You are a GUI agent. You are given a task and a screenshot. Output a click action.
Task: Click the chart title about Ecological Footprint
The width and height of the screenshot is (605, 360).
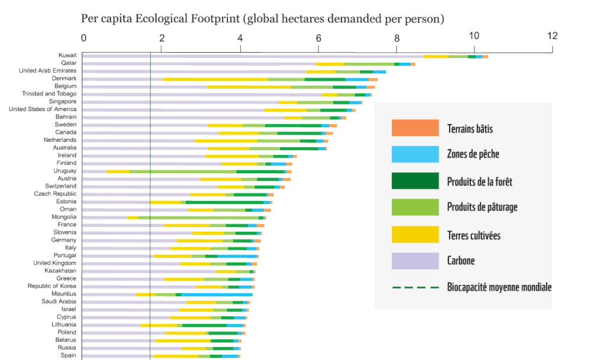coord(262,18)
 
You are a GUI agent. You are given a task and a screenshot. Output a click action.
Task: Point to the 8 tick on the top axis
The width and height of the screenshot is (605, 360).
coord(396,37)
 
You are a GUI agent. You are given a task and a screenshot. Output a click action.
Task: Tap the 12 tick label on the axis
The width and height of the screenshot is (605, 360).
coord(552,37)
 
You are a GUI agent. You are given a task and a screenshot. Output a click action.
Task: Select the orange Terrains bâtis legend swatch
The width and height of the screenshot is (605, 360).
coord(415,128)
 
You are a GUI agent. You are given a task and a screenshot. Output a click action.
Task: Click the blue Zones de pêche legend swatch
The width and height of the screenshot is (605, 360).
coord(415,154)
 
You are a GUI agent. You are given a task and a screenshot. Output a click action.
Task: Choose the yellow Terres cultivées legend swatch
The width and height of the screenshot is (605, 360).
coord(415,234)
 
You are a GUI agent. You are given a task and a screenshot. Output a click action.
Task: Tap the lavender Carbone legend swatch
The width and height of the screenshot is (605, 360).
coord(415,261)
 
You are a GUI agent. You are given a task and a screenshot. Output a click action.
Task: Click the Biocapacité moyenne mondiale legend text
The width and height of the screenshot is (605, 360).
coord(499,287)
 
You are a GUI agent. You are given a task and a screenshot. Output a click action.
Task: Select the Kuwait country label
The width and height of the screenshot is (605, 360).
coord(67,55)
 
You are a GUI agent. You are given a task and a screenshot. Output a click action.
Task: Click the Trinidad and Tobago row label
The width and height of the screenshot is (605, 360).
coord(49,93)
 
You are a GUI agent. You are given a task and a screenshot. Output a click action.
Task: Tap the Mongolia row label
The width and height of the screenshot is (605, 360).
coord(63,217)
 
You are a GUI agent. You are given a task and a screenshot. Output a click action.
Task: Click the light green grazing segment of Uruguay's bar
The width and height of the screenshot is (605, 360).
coord(183,171)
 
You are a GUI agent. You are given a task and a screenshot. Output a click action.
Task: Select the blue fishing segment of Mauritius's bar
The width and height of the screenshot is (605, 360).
coord(217,294)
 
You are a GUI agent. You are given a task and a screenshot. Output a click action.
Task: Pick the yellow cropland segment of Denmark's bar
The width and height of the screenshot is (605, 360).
coord(216,79)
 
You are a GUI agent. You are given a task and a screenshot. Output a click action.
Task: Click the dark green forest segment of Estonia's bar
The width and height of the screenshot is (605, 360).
coord(225,202)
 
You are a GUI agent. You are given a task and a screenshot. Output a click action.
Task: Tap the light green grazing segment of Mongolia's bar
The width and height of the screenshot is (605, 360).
coord(198,218)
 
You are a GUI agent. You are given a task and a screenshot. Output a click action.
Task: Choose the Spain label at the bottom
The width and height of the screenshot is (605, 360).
coord(68,355)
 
